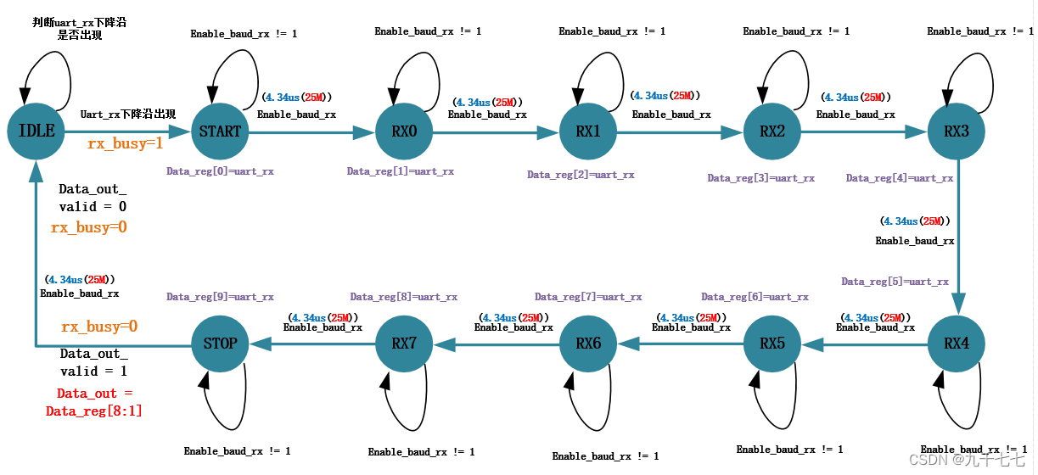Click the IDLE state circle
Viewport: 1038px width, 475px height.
(x=36, y=131)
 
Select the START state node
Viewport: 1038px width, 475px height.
(x=220, y=131)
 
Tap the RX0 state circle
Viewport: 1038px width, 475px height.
(x=404, y=131)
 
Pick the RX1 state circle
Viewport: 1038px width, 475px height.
(x=588, y=131)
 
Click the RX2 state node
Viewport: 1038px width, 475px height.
(x=772, y=131)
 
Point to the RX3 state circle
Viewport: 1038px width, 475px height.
(x=957, y=131)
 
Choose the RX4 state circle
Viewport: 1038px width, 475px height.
(x=957, y=344)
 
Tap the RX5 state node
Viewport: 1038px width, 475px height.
(x=772, y=344)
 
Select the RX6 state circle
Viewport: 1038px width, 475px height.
(x=588, y=344)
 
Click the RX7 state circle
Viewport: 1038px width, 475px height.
(x=404, y=344)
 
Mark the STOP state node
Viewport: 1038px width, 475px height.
(x=220, y=344)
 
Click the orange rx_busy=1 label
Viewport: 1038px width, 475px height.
(x=125, y=144)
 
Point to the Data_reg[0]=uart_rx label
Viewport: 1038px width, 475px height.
(x=220, y=171)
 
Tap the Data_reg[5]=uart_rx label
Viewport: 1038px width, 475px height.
(x=895, y=282)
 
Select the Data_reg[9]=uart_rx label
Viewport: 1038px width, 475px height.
(x=220, y=297)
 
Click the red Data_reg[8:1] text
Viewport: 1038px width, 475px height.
(x=93, y=411)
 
